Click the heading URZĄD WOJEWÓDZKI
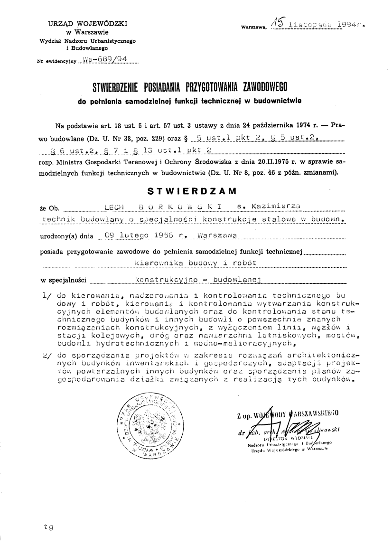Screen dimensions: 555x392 87,23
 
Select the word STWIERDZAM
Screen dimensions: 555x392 192,192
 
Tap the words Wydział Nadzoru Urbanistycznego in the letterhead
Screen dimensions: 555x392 87,41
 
